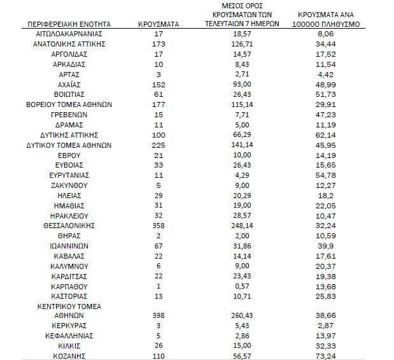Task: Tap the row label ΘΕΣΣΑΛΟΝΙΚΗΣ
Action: (68, 226)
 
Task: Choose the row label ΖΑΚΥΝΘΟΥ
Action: (68, 185)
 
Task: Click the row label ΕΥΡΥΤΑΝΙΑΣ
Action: (68, 175)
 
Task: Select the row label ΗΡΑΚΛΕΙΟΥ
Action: (68, 215)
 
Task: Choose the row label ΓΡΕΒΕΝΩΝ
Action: (68, 114)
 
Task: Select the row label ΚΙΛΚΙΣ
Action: (68, 345)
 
